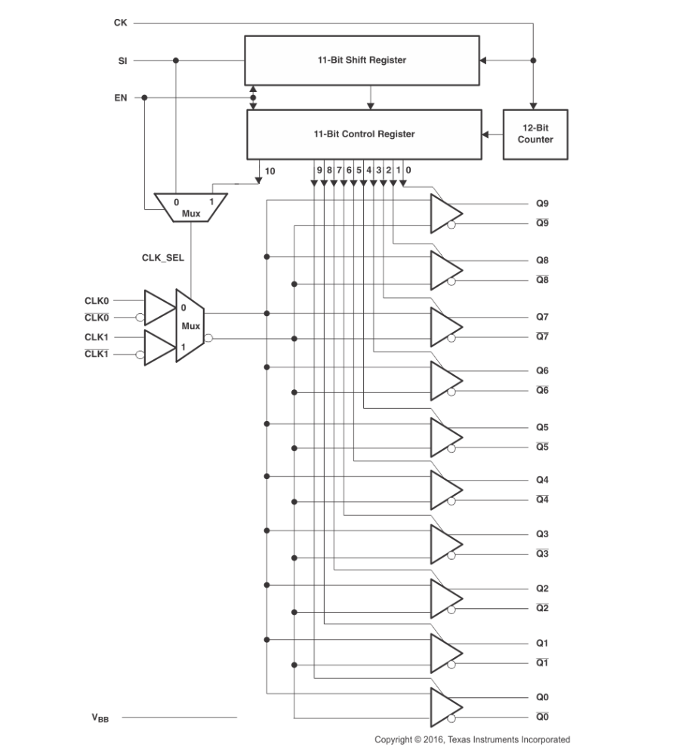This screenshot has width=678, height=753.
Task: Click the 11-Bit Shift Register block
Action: pos(362,60)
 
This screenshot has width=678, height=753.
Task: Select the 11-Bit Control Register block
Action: pos(364,134)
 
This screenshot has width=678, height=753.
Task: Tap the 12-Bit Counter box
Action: pos(535,134)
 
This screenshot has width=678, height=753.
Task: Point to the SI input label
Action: pos(122,60)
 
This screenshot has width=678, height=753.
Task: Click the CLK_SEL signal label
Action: pos(163,257)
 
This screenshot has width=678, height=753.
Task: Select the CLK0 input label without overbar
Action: pos(97,300)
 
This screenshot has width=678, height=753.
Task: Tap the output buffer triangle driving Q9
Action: pos(445,214)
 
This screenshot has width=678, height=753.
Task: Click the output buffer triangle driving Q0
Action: pos(445,706)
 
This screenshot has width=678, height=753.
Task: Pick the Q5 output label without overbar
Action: pos(542,427)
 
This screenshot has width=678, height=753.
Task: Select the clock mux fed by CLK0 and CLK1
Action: pos(190,326)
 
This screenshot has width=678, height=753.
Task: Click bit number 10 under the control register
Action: pos(270,171)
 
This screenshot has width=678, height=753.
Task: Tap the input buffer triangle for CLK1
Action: pos(158,347)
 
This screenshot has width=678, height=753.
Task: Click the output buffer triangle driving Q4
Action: pos(445,490)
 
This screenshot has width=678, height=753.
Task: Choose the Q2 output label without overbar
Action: pos(542,589)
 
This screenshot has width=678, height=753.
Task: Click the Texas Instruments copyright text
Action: pos(472,739)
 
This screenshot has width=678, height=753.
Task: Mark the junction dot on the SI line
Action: pos(176,60)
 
